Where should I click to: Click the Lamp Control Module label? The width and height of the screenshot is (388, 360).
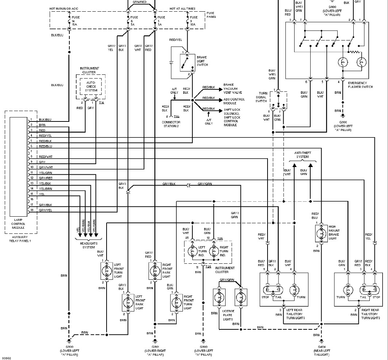18,223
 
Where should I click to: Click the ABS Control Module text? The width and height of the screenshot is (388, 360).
234,101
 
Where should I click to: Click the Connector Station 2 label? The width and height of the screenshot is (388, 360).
171,124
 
